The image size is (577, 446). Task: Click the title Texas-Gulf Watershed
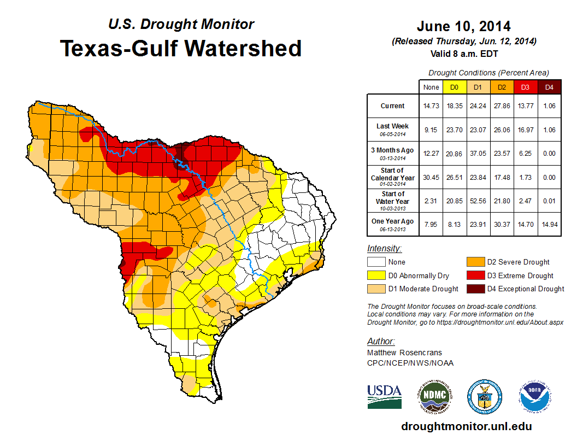click(x=181, y=48)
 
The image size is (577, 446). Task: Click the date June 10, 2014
click(x=463, y=26)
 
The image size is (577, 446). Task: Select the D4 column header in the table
click(x=549, y=87)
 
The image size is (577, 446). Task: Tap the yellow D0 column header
click(x=454, y=87)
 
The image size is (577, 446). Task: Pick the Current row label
click(x=393, y=106)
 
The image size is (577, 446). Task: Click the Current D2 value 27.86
click(x=502, y=106)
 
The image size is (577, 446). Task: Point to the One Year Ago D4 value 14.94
click(x=549, y=222)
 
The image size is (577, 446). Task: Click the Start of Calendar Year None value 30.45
click(x=431, y=178)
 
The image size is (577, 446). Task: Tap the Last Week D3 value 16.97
click(x=525, y=130)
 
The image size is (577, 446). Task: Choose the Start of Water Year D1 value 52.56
click(x=478, y=201)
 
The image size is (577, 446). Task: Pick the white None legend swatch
click(x=376, y=262)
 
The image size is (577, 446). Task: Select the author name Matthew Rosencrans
click(x=404, y=353)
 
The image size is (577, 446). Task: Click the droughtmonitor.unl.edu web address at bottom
click(x=466, y=426)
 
